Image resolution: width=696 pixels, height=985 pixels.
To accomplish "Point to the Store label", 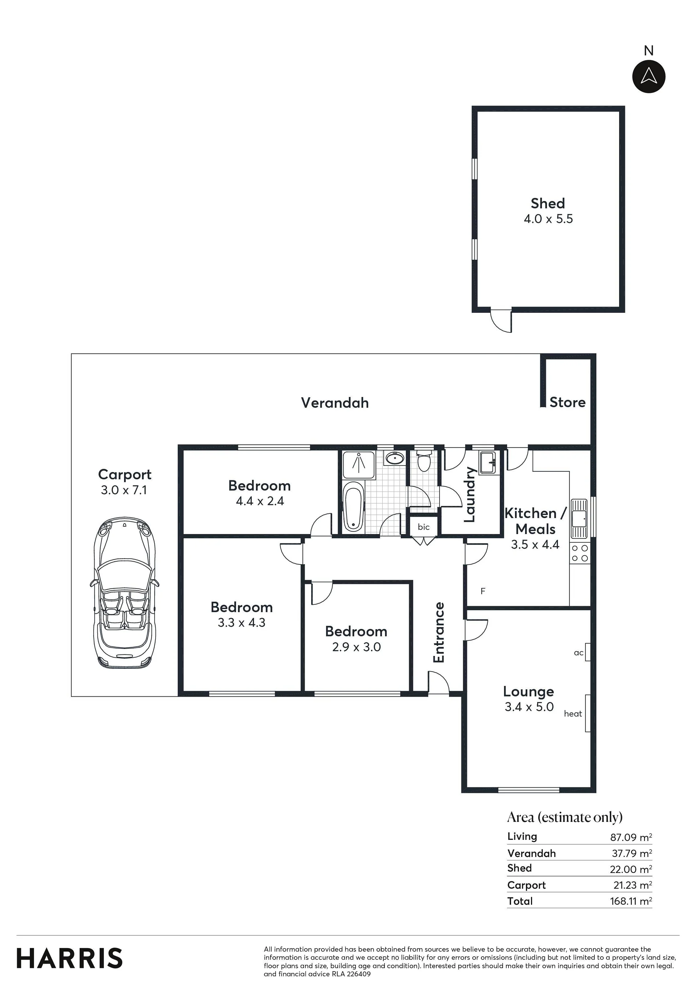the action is pyautogui.click(x=567, y=402).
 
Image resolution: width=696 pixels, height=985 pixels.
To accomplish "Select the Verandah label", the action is pyautogui.click(x=335, y=402).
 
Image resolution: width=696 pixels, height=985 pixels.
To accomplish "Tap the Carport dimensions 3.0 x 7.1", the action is pyautogui.click(x=124, y=490).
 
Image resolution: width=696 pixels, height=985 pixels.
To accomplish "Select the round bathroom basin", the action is pyautogui.click(x=394, y=459).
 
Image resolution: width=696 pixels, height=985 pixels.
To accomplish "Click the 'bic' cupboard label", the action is pyautogui.click(x=424, y=527).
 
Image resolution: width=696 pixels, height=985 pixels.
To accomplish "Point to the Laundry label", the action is pyautogui.click(x=470, y=494).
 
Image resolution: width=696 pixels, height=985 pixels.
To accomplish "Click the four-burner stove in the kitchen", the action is pyautogui.click(x=580, y=553).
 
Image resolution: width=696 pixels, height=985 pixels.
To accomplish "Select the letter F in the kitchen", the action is pyautogui.click(x=483, y=591).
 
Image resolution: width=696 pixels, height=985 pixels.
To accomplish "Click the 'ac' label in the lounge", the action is pyautogui.click(x=578, y=653).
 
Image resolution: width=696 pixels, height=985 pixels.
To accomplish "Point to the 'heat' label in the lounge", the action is pyautogui.click(x=573, y=713).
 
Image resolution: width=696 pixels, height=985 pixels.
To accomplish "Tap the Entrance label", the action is pyautogui.click(x=439, y=632).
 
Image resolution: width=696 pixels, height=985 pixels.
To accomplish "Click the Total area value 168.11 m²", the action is pyautogui.click(x=631, y=901).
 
